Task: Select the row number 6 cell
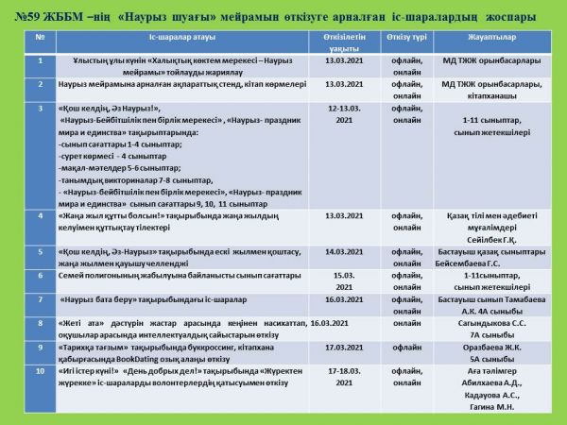click(40, 275)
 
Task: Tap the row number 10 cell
click(40, 370)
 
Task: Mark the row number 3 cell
click(40, 109)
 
